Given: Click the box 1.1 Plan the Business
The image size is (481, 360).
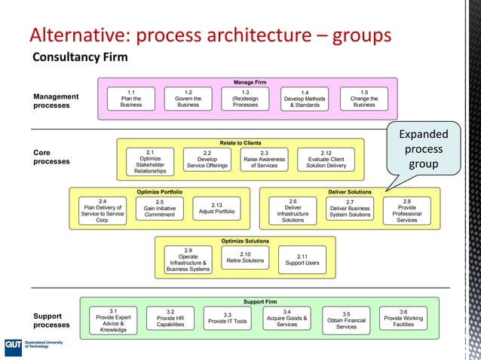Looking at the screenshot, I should [x=131, y=99].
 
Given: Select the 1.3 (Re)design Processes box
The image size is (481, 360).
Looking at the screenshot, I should [x=245, y=99].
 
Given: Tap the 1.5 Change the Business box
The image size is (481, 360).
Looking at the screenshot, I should [x=364, y=99].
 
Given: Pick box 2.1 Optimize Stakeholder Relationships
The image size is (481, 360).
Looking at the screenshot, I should [x=150, y=161].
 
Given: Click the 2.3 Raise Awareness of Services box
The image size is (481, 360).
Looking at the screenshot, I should [x=265, y=160].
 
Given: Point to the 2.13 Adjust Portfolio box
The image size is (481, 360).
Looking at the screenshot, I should [x=216, y=209].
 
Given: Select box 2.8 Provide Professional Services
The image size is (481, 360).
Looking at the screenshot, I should [x=406, y=211].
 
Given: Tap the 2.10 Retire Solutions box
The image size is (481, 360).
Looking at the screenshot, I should [x=245, y=258].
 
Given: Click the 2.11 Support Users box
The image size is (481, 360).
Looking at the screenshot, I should [x=302, y=259].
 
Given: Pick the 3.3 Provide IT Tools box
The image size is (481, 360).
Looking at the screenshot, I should [x=227, y=318].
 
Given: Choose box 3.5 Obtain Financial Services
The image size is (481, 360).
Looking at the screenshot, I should [x=346, y=319].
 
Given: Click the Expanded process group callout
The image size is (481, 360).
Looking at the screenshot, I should [x=423, y=148].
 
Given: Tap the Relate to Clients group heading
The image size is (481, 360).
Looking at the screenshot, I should [x=240, y=142].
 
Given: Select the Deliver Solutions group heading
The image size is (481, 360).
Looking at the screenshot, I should [x=349, y=192].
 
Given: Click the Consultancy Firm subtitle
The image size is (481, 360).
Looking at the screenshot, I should [x=79, y=57].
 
